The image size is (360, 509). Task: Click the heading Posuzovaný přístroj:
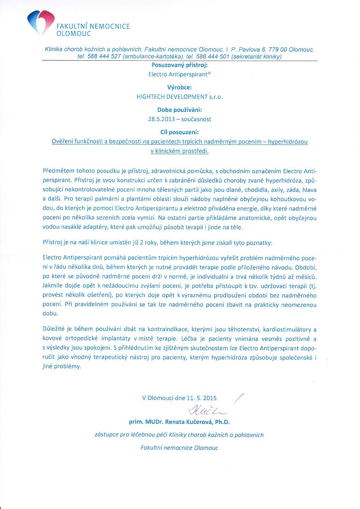(180, 65)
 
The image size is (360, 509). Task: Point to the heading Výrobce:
(180, 87)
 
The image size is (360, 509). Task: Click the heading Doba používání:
(180, 109)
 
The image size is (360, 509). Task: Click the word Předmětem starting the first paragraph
(58, 171)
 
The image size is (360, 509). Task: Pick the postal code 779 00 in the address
(273, 48)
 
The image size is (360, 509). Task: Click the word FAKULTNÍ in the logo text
(72, 27)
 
